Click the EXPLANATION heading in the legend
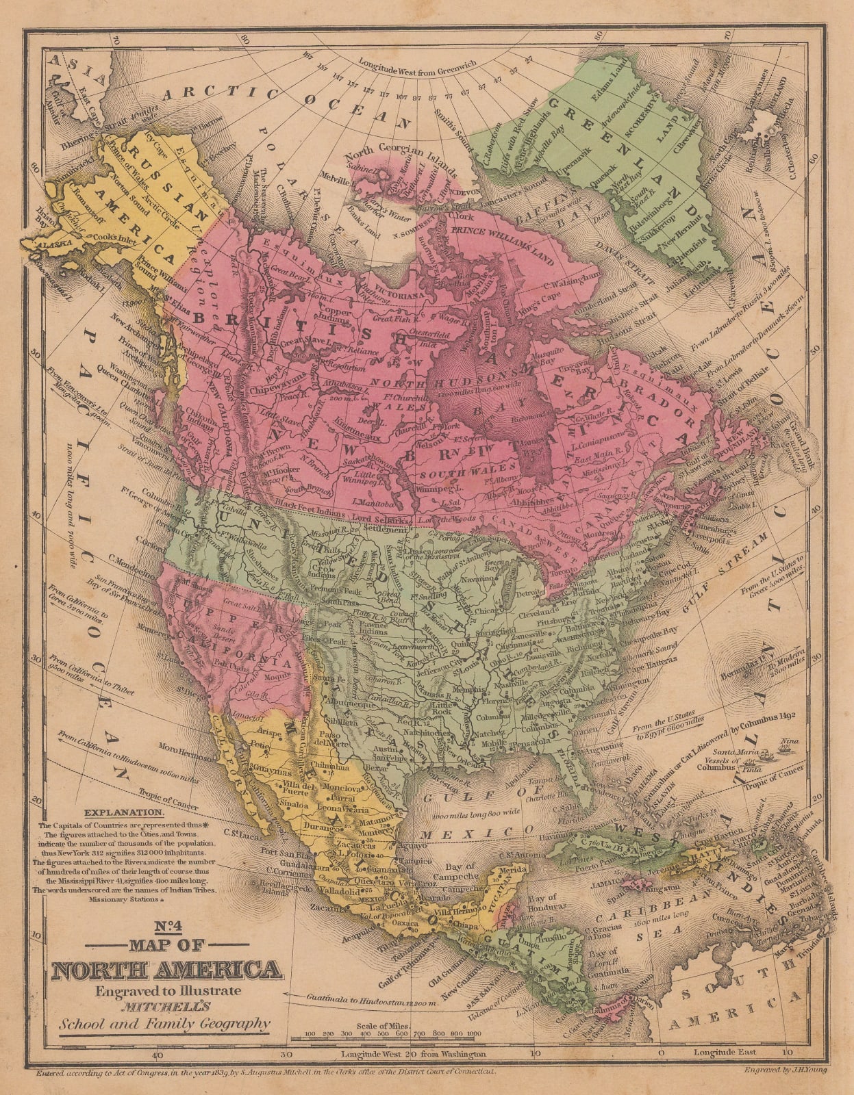[x=123, y=814]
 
